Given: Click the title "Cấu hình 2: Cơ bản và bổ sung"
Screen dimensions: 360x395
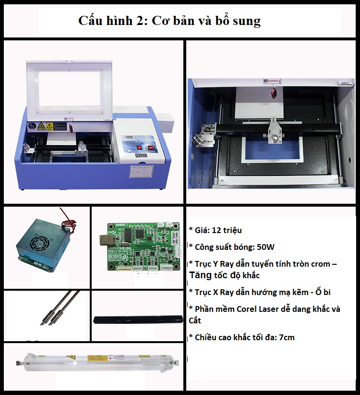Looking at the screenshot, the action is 169,20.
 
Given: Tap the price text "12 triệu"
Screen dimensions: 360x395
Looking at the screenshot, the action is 227,230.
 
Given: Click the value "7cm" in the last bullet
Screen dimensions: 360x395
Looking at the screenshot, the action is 287,337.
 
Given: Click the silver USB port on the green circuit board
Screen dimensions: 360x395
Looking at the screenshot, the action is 105,240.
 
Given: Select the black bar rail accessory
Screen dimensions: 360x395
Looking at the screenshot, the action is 138,320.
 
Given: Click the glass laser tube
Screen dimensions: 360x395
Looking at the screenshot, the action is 97,363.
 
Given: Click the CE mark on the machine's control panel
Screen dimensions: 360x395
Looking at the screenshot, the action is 138,155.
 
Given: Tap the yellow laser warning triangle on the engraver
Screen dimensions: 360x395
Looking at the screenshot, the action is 41,125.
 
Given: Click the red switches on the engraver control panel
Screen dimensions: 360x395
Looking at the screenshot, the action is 144,148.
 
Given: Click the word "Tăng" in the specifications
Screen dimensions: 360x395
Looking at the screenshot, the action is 200,275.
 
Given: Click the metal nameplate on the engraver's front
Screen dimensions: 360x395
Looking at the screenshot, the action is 142,171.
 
